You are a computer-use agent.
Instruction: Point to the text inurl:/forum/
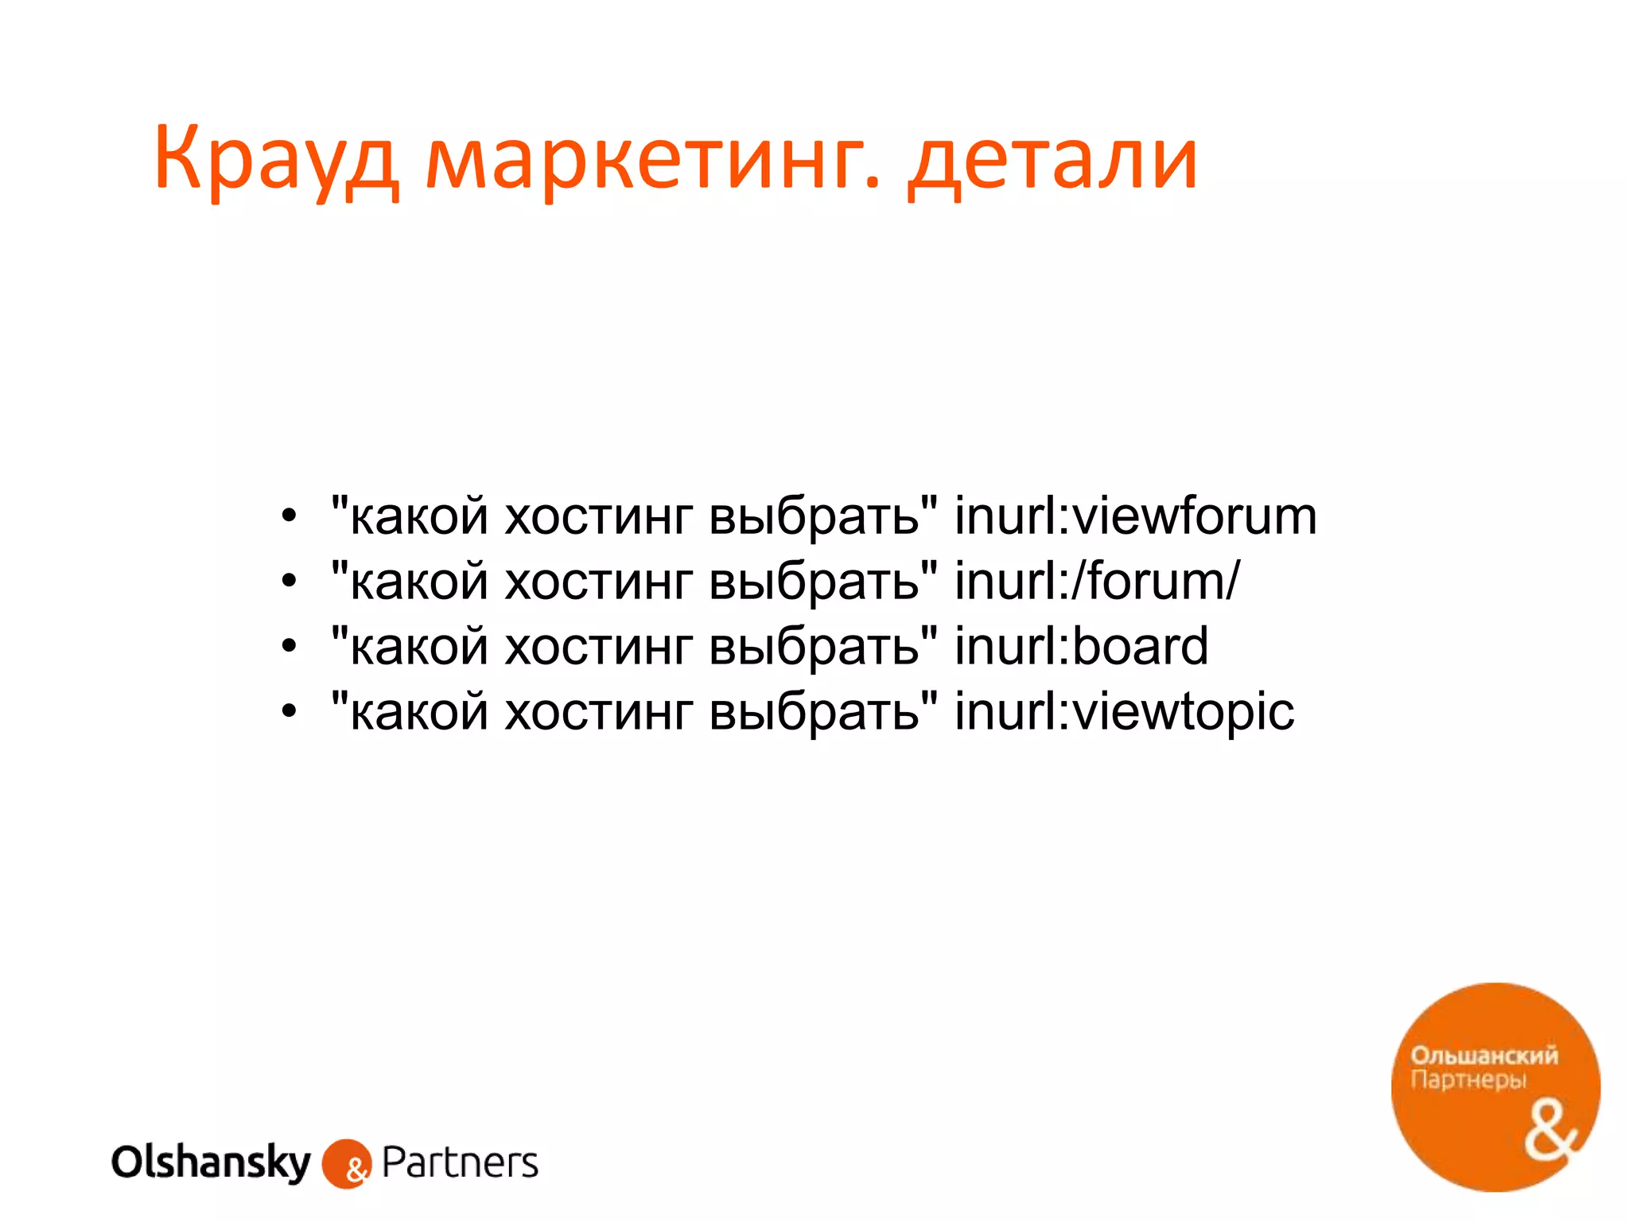pos(1097,582)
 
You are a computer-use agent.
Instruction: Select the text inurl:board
pos(1081,647)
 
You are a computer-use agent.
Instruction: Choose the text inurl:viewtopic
pos(1124,712)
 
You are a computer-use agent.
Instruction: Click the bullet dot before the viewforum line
pos(289,517)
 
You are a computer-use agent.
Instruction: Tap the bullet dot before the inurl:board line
pos(289,647)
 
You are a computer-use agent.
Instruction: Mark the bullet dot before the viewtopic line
pos(289,712)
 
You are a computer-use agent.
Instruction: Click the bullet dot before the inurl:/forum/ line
pos(289,582)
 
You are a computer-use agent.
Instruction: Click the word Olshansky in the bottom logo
pos(211,1163)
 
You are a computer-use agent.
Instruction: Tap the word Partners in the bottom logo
pos(460,1163)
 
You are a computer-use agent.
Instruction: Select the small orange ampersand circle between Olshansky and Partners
pos(347,1165)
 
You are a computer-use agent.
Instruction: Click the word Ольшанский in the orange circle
pos(1483,1056)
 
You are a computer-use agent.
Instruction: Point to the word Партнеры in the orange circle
pos(1468,1080)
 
